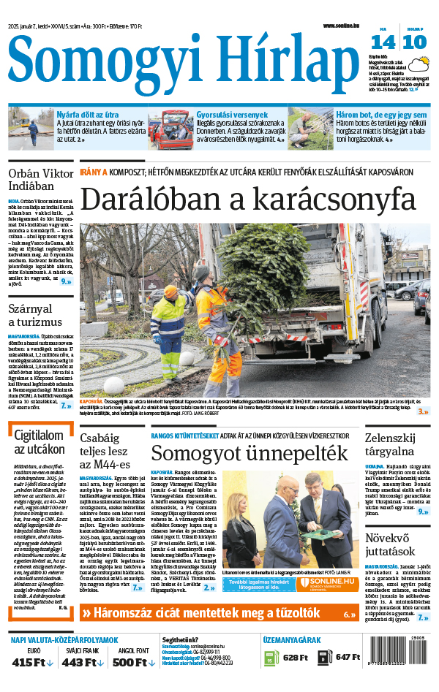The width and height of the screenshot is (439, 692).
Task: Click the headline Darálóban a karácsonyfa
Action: click(248, 199)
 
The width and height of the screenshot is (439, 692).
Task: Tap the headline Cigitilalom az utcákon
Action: click(40, 442)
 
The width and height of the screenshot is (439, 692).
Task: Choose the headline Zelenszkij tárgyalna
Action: click(395, 444)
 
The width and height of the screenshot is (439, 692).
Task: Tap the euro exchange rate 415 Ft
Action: click(34, 662)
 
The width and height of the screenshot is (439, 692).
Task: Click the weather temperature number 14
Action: click(388, 42)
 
